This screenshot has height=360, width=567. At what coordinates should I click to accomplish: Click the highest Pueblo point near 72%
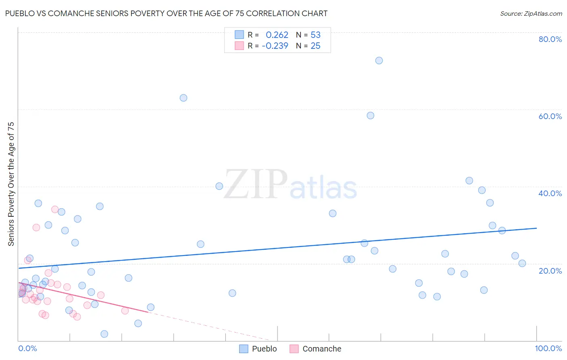(379, 61)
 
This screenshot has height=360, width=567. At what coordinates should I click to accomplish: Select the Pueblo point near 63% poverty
(183, 98)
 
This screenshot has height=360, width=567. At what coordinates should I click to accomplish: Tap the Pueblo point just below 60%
(370, 115)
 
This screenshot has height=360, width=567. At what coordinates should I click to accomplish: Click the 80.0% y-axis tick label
(550, 39)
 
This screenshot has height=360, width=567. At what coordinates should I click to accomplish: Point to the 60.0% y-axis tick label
(550, 116)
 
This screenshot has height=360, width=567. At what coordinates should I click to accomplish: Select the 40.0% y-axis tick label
(550, 193)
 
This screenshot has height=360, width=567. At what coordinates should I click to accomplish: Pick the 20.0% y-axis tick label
(550, 271)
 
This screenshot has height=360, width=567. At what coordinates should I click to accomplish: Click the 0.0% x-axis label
(27, 348)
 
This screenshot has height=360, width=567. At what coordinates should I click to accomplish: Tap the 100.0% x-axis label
(548, 348)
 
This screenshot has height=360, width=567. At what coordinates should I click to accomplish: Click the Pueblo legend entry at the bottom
(258, 349)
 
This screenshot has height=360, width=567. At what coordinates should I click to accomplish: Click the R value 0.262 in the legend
(277, 35)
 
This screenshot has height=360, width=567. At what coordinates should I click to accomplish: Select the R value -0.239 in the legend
(275, 46)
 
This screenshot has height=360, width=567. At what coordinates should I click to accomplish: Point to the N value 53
(315, 35)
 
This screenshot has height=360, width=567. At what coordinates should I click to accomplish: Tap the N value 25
(315, 46)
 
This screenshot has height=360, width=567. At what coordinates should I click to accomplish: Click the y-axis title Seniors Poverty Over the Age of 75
(11, 184)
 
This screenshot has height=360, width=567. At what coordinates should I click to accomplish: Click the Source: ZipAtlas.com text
(531, 14)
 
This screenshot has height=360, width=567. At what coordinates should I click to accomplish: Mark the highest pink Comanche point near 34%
(55, 209)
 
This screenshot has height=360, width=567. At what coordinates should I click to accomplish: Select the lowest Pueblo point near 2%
(104, 334)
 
